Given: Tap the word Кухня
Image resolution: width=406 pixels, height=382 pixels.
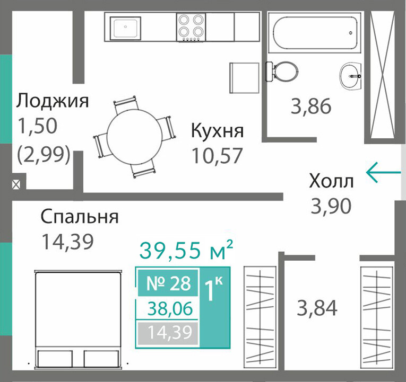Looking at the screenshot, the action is (x=217, y=130).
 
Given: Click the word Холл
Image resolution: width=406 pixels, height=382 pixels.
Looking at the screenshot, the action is (x=331, y=181).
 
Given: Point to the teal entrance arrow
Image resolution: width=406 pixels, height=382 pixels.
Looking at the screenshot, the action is (x=383, y=172).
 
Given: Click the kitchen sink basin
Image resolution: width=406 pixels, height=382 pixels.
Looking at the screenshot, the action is (x=126, y=28).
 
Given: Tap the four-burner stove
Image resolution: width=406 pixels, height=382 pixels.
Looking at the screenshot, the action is (x=191, y=27).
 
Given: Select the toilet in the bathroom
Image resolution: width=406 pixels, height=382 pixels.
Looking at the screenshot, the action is (x=281, y=72).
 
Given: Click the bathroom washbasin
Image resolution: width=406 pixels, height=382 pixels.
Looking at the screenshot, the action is (x=350, y=76).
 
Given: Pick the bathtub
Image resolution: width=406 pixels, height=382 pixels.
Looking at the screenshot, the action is (x=314, y=32).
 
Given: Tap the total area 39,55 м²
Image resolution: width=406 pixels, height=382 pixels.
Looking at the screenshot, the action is (x=186, y=250).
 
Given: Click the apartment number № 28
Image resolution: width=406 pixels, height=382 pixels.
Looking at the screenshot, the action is (x=168, y=283).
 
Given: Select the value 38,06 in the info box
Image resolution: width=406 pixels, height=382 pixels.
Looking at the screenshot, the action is (x=170, y=308).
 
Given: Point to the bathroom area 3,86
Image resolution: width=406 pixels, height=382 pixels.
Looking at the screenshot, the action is (x=310, y=106).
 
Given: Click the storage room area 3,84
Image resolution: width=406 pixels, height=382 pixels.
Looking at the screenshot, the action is (x=317, y=308).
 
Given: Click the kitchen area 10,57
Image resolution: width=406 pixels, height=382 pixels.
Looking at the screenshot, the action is (x=217, y=156).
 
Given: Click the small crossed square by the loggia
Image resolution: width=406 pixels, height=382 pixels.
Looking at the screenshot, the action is (x=16, y=184).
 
